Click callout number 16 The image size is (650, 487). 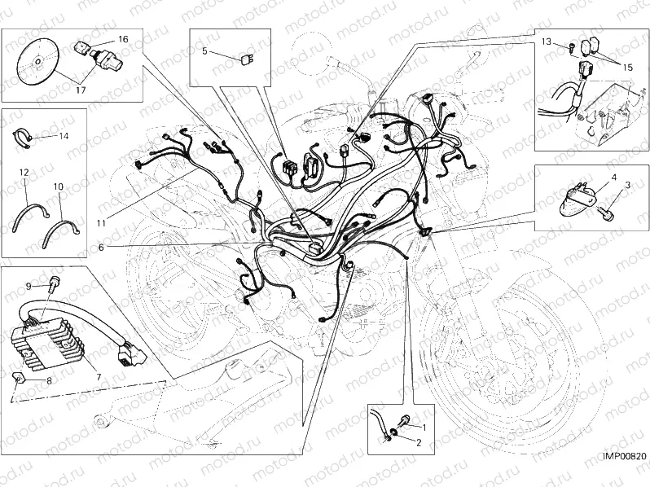(x=122, y=39)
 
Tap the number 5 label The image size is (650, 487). (x=205, y=51)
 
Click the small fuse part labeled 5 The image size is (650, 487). (x=246, y=58)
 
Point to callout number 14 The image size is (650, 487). (x=64, y=135)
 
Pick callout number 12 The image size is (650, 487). (x=24, y=173)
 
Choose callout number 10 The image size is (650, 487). (x=59, y=186)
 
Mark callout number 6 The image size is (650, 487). (x=100, y=247)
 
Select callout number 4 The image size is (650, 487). (x=613, y=177)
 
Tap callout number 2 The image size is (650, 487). (x=419, y=443)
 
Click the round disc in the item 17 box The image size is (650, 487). (x=38, y=61)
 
